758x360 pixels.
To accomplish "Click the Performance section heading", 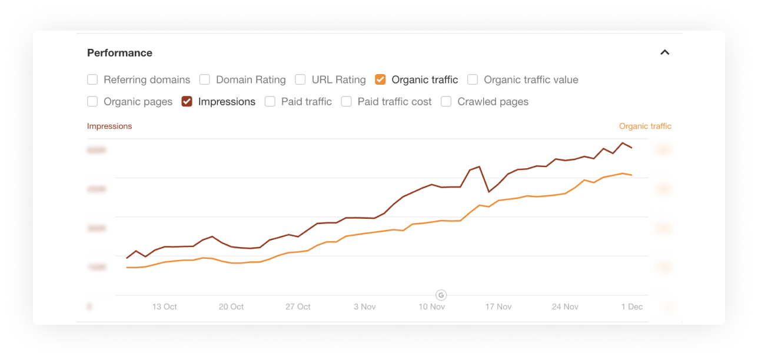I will point(119,53).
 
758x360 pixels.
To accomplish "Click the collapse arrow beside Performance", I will point(665,52).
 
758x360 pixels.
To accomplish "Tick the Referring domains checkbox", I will point(92,79).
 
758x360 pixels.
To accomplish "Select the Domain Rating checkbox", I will point(205,79).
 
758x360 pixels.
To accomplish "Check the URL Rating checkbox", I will point(300,79).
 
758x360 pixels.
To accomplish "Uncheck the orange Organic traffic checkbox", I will point(380,79).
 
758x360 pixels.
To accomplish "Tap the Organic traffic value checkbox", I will point(473,79).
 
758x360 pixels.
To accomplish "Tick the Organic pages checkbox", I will point(92,102).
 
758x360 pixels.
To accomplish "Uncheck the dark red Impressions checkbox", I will point(187,102).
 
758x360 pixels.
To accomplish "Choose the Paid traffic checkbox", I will point(270,102).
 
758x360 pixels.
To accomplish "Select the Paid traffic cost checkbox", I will point(347,102).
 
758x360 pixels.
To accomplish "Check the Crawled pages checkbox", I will point(446,102).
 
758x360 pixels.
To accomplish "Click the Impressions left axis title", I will point(109,126).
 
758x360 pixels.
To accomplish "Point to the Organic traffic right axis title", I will point(645,126).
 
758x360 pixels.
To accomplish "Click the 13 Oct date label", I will point(165,306).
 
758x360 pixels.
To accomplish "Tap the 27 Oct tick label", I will point(298,306).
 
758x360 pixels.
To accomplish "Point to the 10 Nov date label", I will point(431,306).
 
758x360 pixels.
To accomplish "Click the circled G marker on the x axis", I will point(441,295).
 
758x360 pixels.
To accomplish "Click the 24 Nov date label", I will point(565,306).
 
